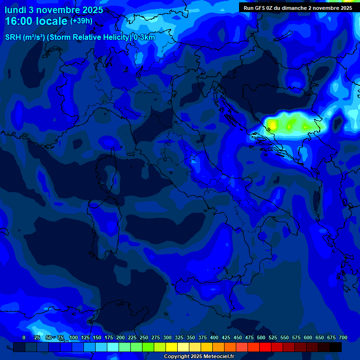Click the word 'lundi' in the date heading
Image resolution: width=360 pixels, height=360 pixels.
15,10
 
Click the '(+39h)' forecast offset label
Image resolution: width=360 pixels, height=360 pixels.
82,21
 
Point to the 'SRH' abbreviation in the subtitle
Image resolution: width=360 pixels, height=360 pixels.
13,37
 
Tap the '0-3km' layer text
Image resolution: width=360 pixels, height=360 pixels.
145,37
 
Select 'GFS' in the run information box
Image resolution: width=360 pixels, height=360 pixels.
259,8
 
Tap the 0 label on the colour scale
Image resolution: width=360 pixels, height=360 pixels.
24,337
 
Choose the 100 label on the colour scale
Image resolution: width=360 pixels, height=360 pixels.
73,337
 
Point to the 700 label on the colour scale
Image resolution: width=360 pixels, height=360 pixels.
343,337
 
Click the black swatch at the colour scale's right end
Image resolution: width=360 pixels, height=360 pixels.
336,347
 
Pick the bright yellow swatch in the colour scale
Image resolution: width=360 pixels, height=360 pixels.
172,347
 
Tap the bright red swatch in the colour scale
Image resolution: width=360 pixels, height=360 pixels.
265,347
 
